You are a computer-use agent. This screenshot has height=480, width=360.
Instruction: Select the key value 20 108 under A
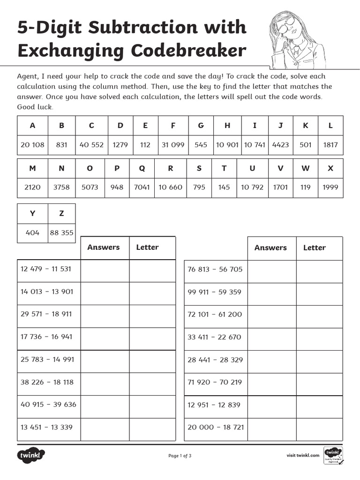(x=32, y=145)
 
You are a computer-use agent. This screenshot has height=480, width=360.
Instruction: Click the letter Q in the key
(x=142, y=168)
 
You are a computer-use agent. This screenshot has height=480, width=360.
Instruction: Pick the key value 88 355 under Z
(x=61, y=232)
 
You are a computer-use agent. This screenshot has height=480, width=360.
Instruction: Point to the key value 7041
(x=142, y=187)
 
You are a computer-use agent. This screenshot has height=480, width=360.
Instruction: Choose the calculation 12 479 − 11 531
(x=46, y=269)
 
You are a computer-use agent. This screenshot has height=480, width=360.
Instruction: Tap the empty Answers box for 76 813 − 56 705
(x=271, y=270)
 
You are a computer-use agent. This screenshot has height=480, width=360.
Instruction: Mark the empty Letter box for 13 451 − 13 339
(x=152, y=427)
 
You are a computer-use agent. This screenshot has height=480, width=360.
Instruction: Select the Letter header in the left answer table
(x=147, y=247)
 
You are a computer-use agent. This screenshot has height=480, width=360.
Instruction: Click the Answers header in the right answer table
(x=270, y=248)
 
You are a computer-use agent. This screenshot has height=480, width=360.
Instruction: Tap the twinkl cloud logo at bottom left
(x=31, y=455)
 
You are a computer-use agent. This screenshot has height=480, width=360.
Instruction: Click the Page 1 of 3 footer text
(x=180, y=456)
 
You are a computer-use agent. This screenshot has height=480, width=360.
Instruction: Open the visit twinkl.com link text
(x=303, y=455)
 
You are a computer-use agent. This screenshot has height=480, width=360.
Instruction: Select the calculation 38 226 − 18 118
(x=47, y=382)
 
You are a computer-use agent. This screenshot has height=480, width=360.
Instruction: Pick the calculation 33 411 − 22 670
(x=214, y=337)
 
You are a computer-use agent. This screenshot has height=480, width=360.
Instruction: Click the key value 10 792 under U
(x=252, y=187)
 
